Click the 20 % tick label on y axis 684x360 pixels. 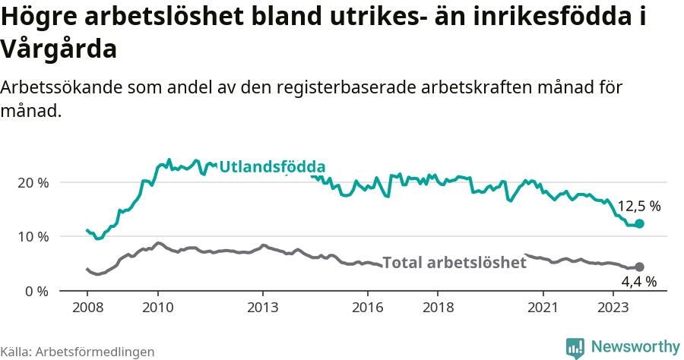click(32, 183)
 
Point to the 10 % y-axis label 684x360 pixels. click(32, 237)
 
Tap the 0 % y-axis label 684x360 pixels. click(36, 291)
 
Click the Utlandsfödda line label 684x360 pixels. click(272, 167)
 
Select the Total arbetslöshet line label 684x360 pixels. click(454, 263)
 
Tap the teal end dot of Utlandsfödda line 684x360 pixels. click(639, 224)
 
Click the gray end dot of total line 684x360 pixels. click(639, 267)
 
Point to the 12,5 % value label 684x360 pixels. click(638, 206)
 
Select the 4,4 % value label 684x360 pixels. click(638, 282)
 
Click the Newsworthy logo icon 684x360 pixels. click(575, 347)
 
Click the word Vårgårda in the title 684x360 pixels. click(59, 49)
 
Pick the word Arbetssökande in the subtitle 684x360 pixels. click(52, 87)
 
